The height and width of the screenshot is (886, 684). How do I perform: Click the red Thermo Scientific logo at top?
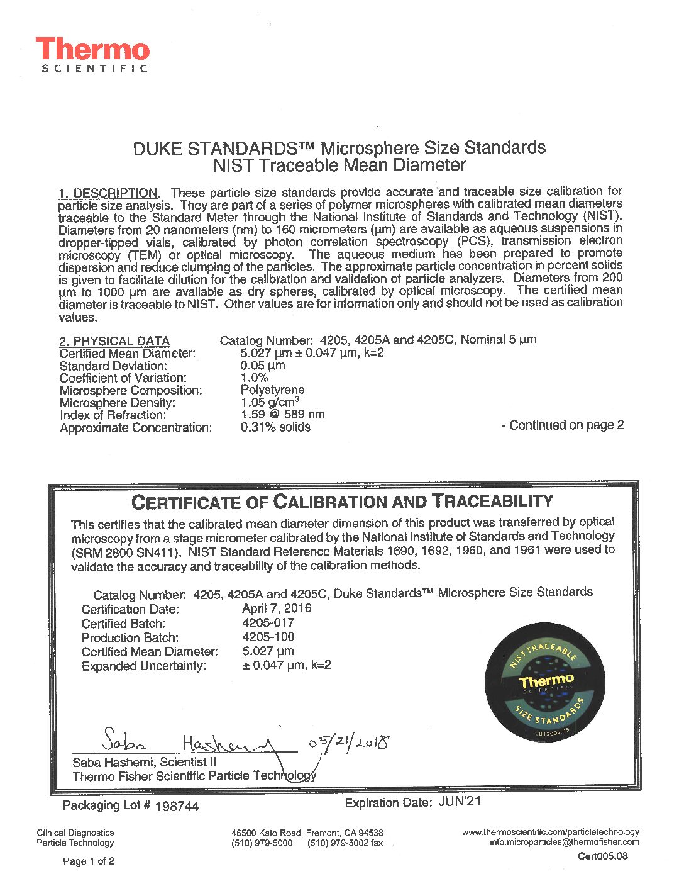(93, 55)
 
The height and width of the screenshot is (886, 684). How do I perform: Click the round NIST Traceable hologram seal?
(546, 681)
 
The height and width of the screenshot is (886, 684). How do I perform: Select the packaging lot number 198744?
(177, 807)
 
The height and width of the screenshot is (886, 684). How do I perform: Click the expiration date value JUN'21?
(459, 802)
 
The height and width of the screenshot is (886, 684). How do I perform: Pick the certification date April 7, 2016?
(277, 608)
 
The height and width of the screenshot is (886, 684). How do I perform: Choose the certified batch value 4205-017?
(268, 623)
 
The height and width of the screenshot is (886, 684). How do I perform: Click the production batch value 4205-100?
(268, 637)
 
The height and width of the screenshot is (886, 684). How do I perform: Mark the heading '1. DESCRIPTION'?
(108, 193)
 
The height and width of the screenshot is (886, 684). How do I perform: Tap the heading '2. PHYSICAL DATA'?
(114, 341)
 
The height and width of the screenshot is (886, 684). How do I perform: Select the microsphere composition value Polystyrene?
(272, 390)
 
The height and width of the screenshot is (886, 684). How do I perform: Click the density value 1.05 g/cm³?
(270, 402)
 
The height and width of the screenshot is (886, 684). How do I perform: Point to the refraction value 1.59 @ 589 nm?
(282, 415)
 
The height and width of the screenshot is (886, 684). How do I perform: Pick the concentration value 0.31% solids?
(275, 427)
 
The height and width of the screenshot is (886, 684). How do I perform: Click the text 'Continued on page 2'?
(563, 425)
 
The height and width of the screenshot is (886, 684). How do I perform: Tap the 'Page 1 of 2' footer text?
(89, 861)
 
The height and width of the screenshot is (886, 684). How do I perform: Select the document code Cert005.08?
(602, 856)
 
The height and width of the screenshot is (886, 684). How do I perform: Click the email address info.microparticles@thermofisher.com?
(564, 843)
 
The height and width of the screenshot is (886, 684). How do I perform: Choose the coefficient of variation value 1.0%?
(255, 378)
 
